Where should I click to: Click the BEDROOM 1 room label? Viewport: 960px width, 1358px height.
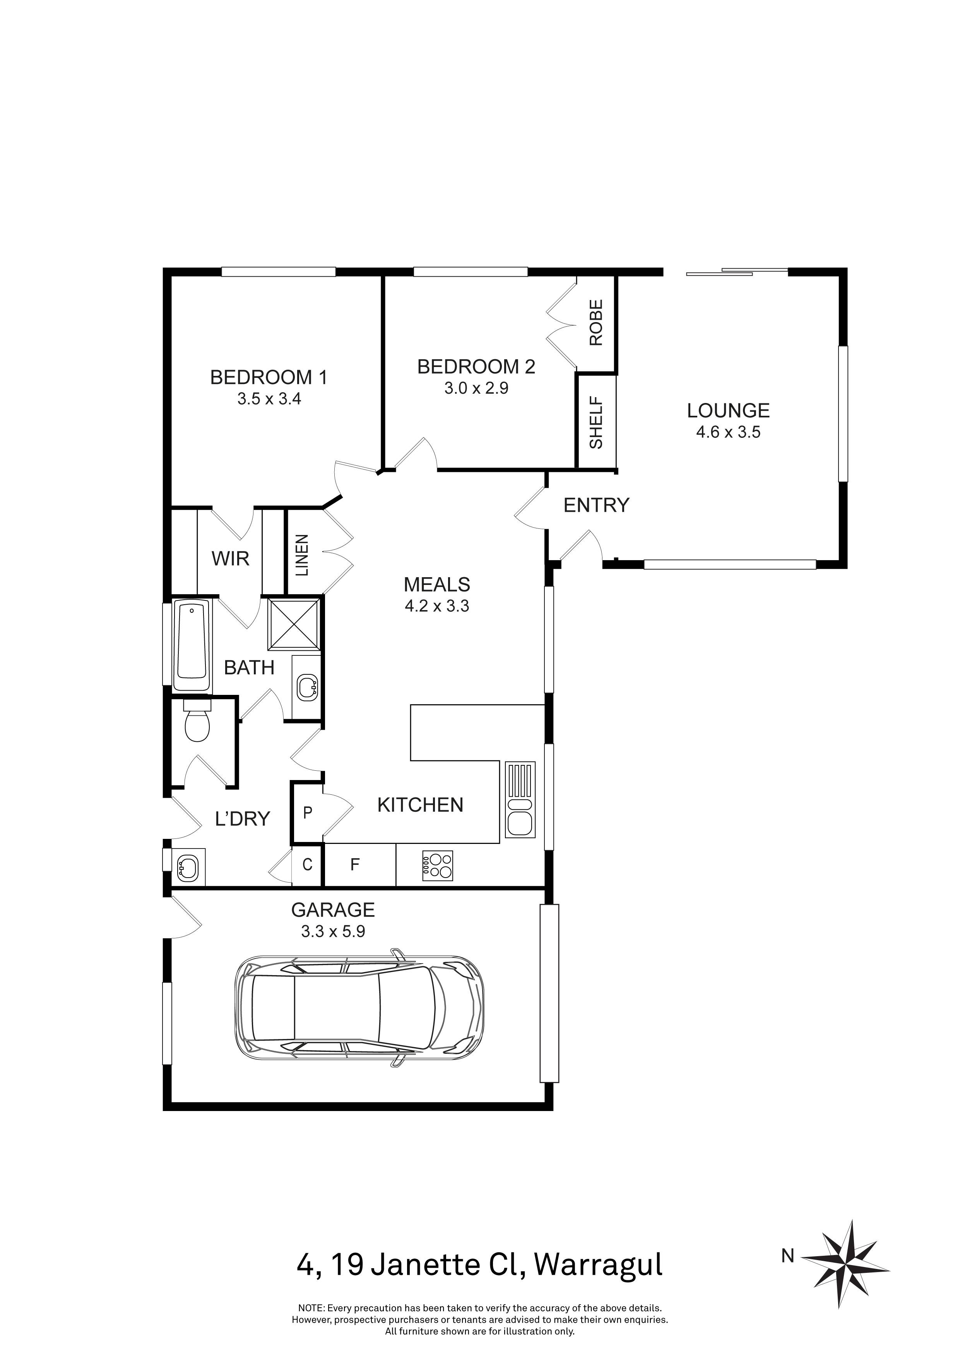coord(269,377)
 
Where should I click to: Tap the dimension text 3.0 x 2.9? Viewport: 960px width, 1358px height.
coord(476,388)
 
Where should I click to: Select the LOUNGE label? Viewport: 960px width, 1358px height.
coord(728,410)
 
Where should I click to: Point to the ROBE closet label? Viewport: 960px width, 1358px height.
coord(596,322)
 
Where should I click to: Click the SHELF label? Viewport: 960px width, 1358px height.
coord(596,422)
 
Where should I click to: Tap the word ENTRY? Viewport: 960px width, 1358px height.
coord(596,505)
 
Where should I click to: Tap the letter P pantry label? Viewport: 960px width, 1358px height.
coord(307,813)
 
